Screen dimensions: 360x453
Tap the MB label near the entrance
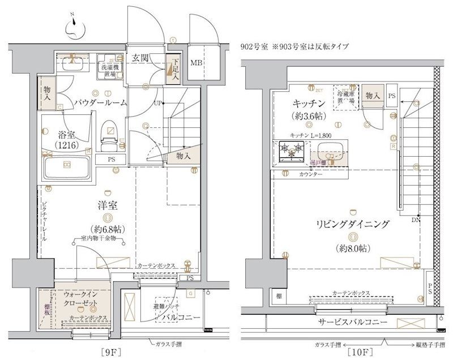tap(196, 62)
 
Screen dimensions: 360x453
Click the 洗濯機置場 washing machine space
tap(108, 67)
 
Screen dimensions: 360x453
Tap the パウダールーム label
tap(100, 102)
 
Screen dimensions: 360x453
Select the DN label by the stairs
tap(416, 220)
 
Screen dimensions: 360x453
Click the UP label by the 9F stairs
tap(159, 103)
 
